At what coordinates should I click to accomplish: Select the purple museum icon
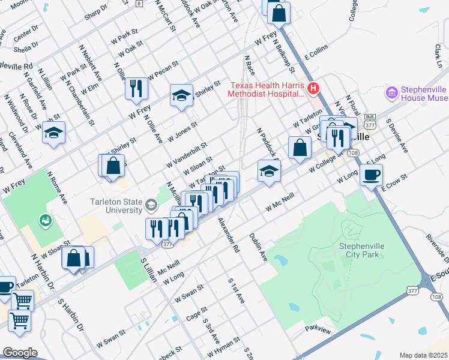click(392, 93)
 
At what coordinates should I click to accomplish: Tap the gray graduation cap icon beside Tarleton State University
click(151, 206)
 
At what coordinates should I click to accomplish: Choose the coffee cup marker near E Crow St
click(371, 175)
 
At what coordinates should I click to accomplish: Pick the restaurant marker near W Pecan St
click(136, 88)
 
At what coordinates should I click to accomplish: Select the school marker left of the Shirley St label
click(181, 95)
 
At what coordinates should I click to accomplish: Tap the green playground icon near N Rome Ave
click(44, 221)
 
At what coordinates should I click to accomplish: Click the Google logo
click(19, 353)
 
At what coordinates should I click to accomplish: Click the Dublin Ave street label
click(259, 246)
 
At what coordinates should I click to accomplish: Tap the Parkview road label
click(318, 329)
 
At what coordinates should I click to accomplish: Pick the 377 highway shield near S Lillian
click(166, 243)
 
